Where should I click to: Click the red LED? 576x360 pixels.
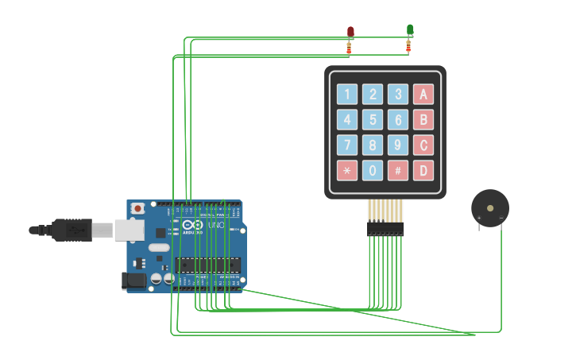click(x=350, y=31)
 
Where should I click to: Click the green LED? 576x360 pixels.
click(x=410, y=30)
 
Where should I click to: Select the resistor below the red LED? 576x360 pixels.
click(x=349, y=48)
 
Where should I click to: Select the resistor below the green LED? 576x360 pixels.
click(x=408, y=47)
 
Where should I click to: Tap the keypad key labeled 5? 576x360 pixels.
click(x=373, y=120)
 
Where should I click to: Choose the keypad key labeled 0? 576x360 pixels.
click(x=373, y=170)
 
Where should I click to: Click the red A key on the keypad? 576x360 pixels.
click(x=423, y=95)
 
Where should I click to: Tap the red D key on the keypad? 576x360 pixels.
click(x=423, y=170)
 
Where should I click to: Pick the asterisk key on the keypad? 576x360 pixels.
click(x=347, y=170)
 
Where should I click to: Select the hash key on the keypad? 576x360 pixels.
click(x=398, y=170)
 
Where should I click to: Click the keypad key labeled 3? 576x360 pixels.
click(x=398, y=95)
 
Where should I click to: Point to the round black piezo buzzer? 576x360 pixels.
click(x=489, y=208)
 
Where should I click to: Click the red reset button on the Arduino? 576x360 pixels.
click(x=137, y=208)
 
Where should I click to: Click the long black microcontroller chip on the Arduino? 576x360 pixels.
click(x=207, y=265)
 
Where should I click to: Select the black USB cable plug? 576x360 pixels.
click(x=72, y=230)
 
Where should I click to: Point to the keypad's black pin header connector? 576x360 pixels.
click(x=385, y=229)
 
